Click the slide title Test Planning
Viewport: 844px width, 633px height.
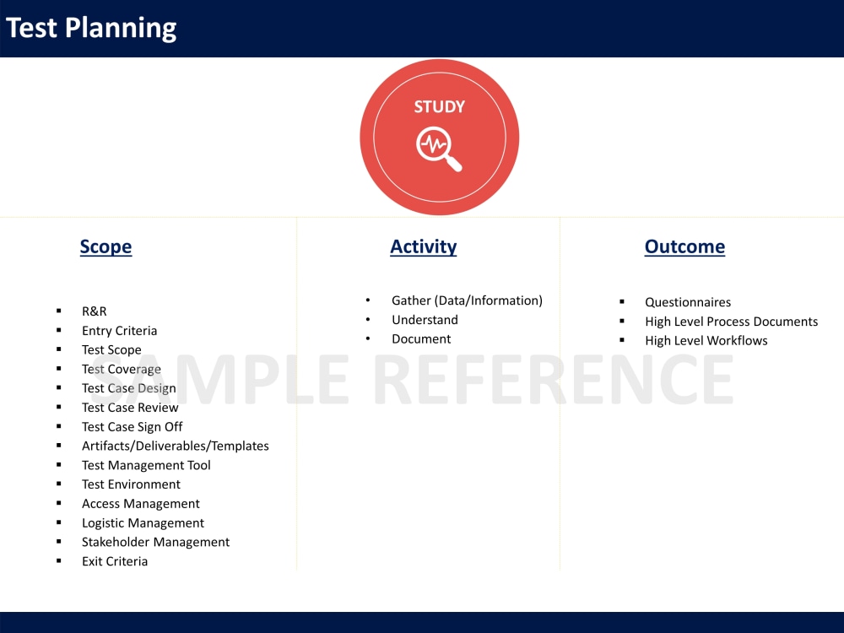coord(91,28)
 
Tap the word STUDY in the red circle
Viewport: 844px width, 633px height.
coord(439,107)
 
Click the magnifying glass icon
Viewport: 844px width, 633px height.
coord(439,149)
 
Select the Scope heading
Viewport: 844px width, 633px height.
coord(105,246)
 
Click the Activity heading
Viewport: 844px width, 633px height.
coord(423,246)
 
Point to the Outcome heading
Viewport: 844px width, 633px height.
coord(684,246)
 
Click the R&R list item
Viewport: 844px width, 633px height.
coord(95,311)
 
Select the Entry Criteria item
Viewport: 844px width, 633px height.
coord(119,331)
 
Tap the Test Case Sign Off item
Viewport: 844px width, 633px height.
coord(132,427)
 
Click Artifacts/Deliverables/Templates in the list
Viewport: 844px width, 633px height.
coord(175,446)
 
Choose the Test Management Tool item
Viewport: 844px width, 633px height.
coord(146,465)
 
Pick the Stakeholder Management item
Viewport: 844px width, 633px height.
coord(155,542)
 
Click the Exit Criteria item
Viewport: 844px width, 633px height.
coord(115,561)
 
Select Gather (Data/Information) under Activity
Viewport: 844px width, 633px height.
coord(467,300)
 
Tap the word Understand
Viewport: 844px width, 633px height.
coord(425,320)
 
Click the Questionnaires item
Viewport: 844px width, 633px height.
coord(688,302)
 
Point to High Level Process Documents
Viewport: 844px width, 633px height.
coord(731,322)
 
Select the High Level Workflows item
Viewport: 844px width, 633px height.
coord(706,341)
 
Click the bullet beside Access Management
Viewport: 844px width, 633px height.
coord(59,504)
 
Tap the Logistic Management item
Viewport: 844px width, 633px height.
coord(143,523)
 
